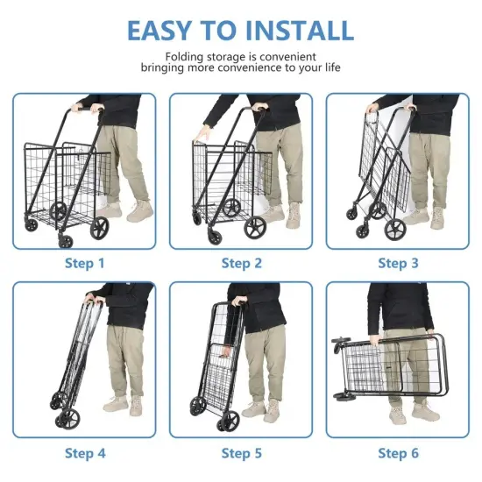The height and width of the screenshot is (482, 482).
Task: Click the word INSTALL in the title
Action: tap(301, 29)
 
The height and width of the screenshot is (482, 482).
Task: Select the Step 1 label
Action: tap(84, 263)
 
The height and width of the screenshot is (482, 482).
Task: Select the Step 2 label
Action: tap(241, 263)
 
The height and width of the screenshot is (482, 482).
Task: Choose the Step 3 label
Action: tap(399, 263)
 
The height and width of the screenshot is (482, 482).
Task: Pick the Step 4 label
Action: tap(84, 453)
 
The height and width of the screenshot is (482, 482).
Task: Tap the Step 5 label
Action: tap(241, 453)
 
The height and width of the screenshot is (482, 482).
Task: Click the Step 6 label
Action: tap(399, 453)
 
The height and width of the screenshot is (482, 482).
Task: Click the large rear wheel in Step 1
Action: tap(99, 230)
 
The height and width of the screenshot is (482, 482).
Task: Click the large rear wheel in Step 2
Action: tap(255, 228)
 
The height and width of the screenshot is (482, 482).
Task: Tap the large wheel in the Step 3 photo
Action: tap(395, 230)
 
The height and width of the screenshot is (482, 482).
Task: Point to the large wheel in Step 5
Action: tap(230, 421)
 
